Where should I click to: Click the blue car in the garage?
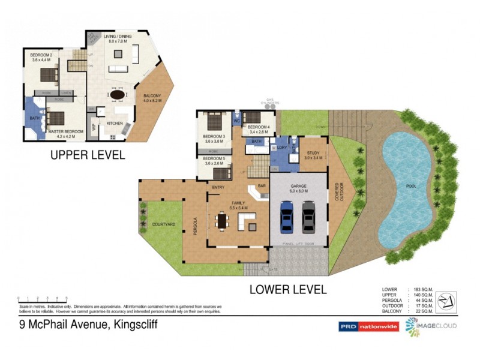[287, 217]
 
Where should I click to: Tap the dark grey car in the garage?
[308, 217]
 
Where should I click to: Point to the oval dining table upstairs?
[117, 95]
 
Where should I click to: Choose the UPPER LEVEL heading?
[88, 155]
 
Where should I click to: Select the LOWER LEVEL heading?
[289, 289]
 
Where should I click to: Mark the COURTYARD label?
[163, 224]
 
